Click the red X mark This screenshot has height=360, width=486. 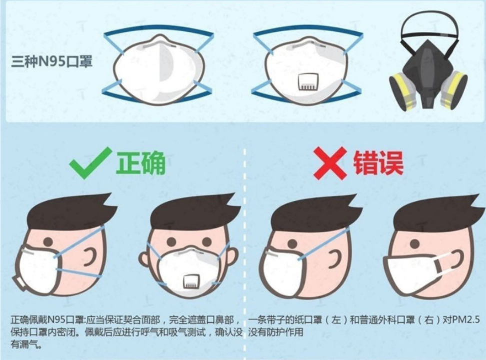[x=330, y=163]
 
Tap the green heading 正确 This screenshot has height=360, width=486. [x=141, y=163]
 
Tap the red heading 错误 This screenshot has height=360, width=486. [x=378, y=163]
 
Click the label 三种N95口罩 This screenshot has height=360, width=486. [x=52, y=61]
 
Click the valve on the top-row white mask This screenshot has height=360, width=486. [x=308, y=82]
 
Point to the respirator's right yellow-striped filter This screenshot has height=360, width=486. [x=454, y=90]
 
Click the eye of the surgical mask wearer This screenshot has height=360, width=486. [x=415, y=244]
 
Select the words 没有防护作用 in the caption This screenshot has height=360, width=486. [x=276, y=333]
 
